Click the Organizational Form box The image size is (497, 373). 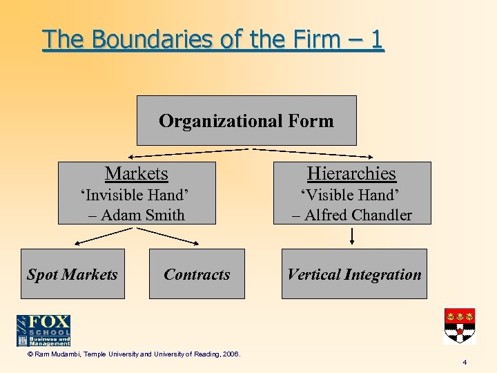(x=246, y=121)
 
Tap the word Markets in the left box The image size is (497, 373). (x=136, y=173)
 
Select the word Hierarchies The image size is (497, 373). (x=351, y=173)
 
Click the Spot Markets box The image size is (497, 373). (x=72, y=274)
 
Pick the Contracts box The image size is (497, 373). (x=197, y=274)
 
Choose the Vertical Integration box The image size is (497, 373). (x=354, y=274)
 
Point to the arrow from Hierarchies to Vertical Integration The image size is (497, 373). (x=353, y=236)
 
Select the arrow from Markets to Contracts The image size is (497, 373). (x=173, y=236)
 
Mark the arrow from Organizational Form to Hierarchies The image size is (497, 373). (x=314, y=153)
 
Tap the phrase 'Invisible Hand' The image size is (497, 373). (x=137, y=195)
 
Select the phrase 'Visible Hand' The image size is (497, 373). (x=352, y=195)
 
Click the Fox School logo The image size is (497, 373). (x=43, y=330)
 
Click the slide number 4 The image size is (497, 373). (x=465, y=363)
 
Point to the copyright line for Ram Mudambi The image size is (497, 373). (x=128, y=354)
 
